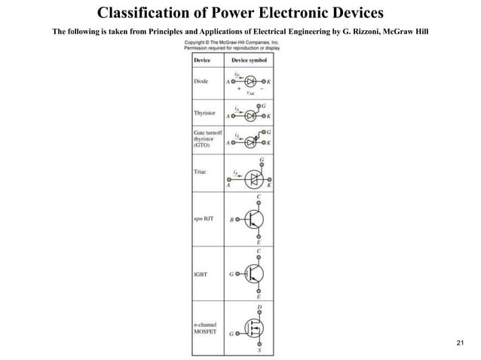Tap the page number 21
coord(462,344)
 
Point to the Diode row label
coord(201,80)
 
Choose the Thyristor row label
coord(205,113)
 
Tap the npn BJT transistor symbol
coord(253,221)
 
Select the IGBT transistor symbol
coord(253,275)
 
